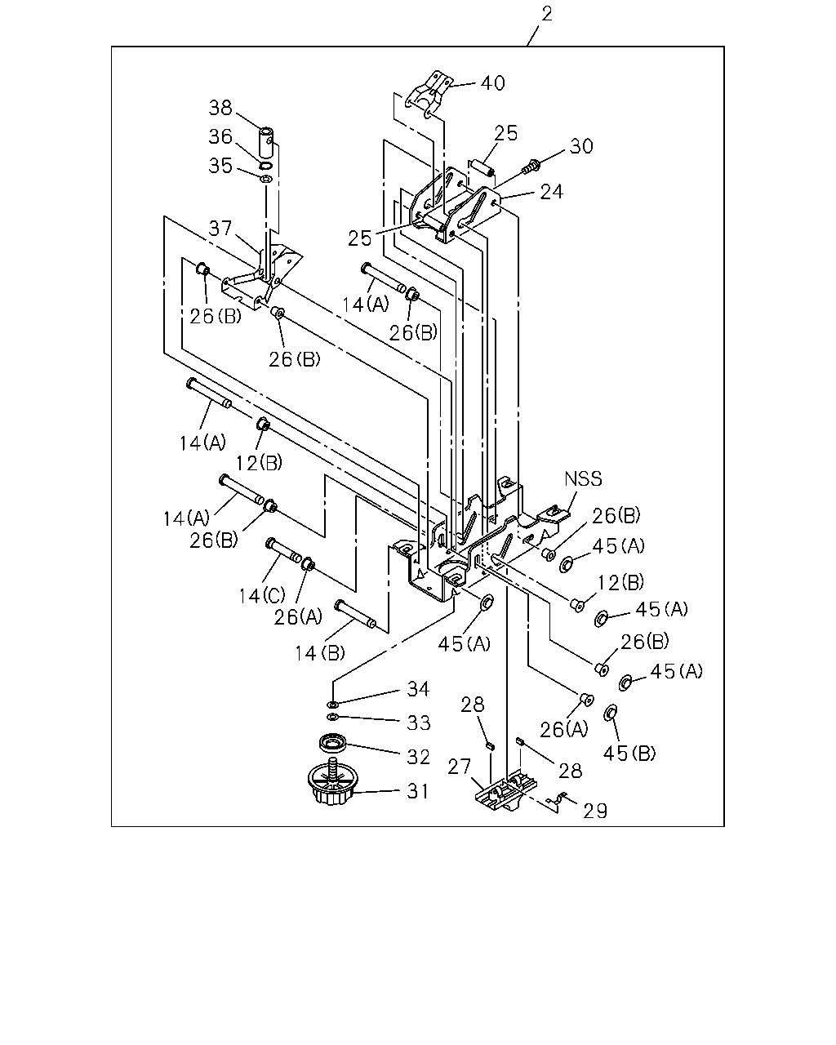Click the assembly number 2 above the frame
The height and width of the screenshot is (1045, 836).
546,14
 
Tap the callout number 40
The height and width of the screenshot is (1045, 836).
492,83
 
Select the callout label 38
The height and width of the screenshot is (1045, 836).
220,107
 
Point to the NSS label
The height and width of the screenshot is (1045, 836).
583,478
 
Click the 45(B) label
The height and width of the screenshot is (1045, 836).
629,753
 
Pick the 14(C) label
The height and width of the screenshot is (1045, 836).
262,595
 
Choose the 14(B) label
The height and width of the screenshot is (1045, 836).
320,653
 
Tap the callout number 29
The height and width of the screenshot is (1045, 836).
595,811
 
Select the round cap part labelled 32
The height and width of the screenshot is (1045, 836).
333,743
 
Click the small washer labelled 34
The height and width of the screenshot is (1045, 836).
333,704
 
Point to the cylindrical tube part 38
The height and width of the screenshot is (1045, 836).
265,142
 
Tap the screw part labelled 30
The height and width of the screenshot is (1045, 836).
531,166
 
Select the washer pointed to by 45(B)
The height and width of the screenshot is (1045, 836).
611,714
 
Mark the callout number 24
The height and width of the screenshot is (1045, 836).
552,192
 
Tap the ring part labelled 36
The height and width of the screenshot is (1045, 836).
265,166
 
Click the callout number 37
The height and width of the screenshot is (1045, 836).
220,228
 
